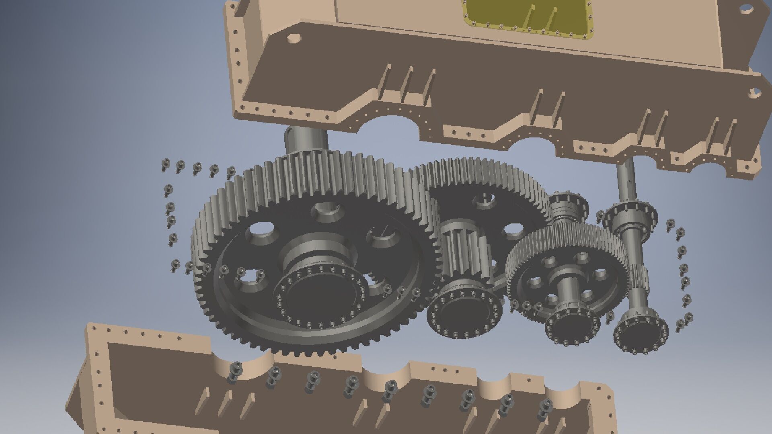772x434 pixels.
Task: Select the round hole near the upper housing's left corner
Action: (294, 39)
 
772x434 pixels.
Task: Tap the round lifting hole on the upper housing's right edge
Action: (754, 93)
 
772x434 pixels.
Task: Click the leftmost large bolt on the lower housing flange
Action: (235, 372)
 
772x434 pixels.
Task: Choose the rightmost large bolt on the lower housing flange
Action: (545, 408)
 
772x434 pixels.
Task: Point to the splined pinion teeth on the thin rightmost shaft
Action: (637, 277)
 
